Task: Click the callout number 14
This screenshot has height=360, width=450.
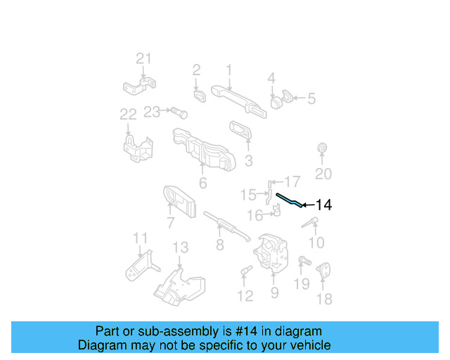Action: point(323,205)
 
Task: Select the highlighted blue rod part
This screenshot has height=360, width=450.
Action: point(290,200)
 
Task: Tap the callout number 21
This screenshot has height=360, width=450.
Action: point(143,59)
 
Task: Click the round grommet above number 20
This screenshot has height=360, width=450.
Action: point(323,148)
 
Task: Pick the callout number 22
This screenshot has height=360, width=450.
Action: point(128,115)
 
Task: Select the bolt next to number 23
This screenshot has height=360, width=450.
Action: point(176,111)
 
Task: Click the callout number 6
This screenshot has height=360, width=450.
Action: point(202,184)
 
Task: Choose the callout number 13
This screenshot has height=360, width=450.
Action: point(181,247)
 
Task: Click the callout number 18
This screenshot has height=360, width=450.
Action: point(323,300)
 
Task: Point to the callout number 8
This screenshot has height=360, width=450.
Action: point(220,245)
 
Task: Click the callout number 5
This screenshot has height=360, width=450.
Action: point(311,99)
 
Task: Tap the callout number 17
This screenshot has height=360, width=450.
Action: point(292,181)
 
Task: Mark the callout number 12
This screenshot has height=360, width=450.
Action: point(245,296)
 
